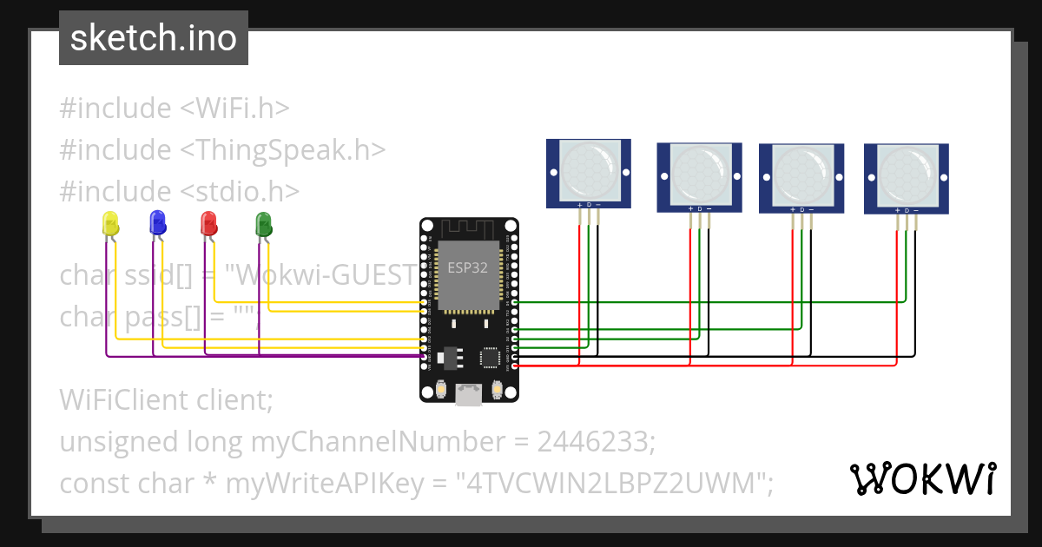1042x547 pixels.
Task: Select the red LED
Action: click(208, 223)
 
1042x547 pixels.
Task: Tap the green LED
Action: click(263, 224)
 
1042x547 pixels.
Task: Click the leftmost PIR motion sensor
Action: click(588, 173)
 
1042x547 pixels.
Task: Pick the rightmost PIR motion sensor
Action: click(906, 178)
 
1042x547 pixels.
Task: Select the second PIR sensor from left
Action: click(699, 177)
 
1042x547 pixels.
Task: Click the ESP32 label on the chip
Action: click(467, 268)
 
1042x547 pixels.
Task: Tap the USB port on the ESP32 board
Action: click(469, 395)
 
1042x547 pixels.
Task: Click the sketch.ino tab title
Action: click(154, 38)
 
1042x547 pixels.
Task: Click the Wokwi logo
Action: click(922, 478)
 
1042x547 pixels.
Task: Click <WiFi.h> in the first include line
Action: click(234, 109)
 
